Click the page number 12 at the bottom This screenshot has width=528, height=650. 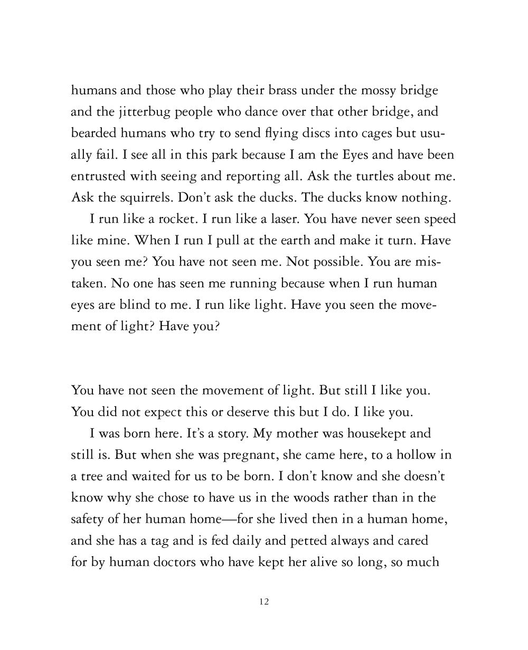click(x=265, y=602)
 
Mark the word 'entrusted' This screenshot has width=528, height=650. click(x=99, y=177)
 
